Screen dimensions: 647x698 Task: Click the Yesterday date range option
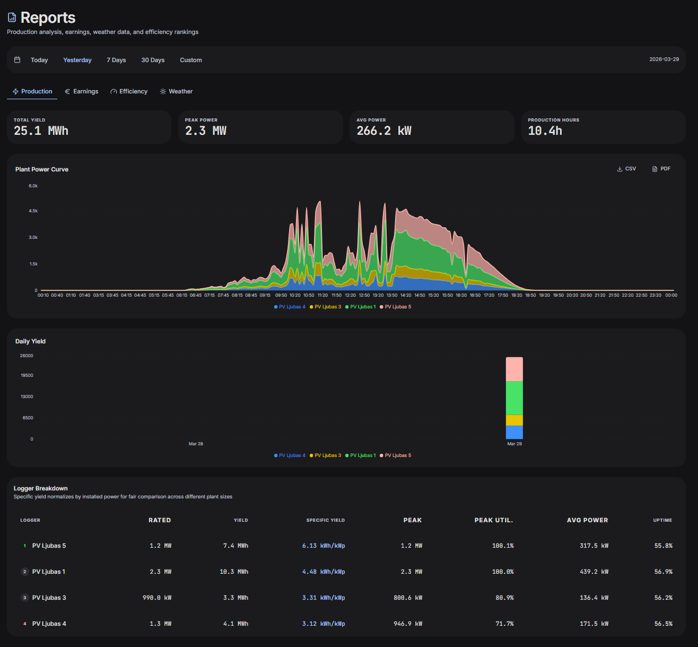77,60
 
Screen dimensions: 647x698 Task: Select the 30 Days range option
153,60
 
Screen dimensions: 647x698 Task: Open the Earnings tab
82,91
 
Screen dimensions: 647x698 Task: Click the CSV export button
626,169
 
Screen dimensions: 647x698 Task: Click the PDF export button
661,169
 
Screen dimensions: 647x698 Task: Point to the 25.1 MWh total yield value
41,131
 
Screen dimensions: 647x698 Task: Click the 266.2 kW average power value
384,131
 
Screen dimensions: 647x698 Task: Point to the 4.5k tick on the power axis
33,211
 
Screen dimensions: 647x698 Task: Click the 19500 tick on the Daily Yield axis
27,375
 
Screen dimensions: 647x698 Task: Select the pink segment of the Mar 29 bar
514,369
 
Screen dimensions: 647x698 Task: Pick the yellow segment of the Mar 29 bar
514,420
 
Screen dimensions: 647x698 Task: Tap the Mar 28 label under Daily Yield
196,444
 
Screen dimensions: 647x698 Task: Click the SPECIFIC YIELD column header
325,520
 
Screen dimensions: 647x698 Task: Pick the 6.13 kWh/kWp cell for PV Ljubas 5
324,546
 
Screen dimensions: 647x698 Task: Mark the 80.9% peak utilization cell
504,598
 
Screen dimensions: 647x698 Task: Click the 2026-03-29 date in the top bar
664,59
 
